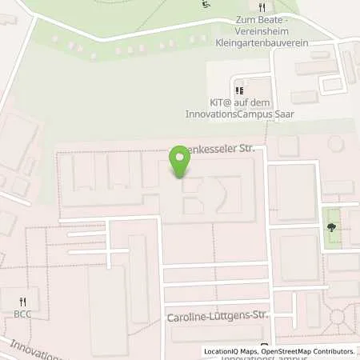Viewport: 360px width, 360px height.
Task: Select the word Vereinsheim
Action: [258, 27]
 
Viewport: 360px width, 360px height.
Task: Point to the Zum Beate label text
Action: [258, 18]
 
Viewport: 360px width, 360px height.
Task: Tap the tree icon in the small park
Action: [331, 226]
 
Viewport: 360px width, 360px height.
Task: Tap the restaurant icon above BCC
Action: [22, 301]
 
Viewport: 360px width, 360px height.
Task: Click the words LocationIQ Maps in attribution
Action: [230, 351]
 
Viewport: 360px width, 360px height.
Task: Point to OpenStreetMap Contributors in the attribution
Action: [308, 351]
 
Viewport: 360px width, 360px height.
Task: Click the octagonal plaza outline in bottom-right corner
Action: [341, 321]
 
